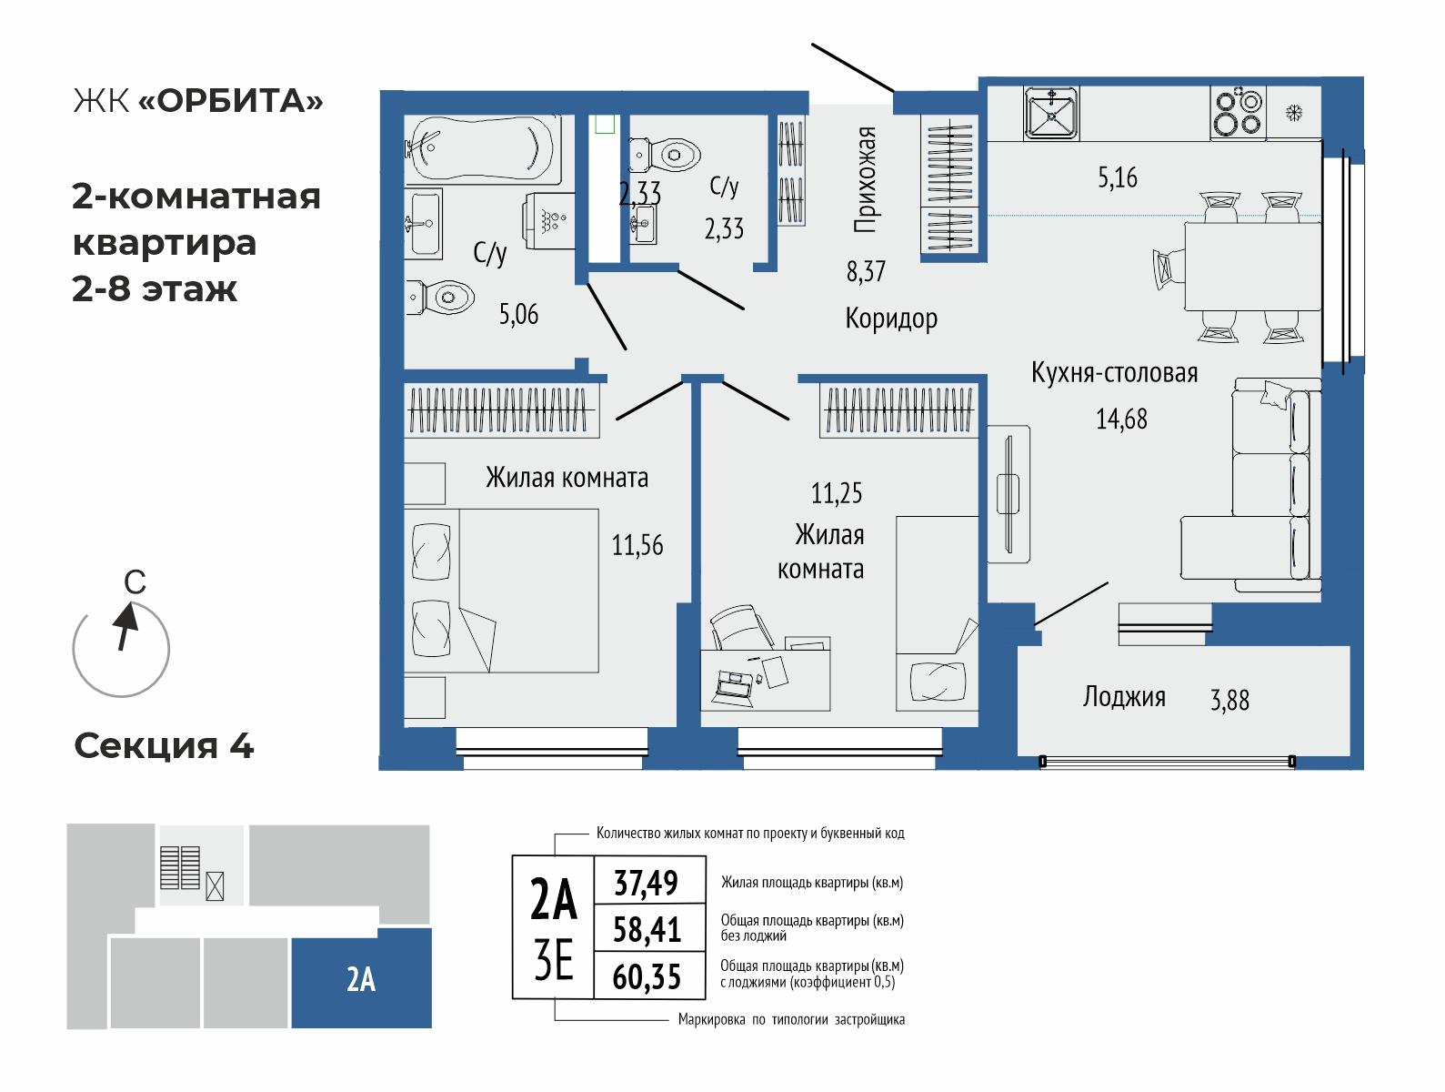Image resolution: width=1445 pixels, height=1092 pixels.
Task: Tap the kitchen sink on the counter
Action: [x=1050, y=113]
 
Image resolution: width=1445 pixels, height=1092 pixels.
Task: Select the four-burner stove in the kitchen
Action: [x=1238, y=113]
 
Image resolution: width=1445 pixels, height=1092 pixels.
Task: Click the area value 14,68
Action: [x=1121, y=420]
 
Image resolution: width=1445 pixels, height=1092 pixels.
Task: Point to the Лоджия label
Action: [x=1124, y=697]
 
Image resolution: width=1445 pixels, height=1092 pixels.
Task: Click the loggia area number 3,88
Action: [x=1229, y=700]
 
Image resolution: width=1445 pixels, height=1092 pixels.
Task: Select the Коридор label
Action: [x=890, y=318]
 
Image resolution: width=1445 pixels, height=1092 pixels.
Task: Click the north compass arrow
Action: [x=124, y=628]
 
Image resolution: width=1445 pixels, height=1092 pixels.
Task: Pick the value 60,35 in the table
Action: [x=647, y=976]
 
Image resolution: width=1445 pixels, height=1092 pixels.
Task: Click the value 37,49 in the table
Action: [x=647, y=882]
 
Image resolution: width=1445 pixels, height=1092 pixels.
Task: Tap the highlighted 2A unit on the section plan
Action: [x=361, y=979]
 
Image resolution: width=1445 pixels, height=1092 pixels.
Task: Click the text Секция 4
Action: [x=164, y=746]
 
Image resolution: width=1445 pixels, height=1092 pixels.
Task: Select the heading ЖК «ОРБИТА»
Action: [x=197, y=101]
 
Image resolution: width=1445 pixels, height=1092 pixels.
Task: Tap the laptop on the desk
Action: [x=735, y=682]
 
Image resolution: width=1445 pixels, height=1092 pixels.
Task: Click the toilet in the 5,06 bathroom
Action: [x=441, y=297]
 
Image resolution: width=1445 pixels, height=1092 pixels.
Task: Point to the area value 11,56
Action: [x=637, y=546]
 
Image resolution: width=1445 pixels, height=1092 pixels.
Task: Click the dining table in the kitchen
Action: [x=1251, y=266]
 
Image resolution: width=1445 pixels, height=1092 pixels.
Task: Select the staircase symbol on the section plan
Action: [x=179, y=867]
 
